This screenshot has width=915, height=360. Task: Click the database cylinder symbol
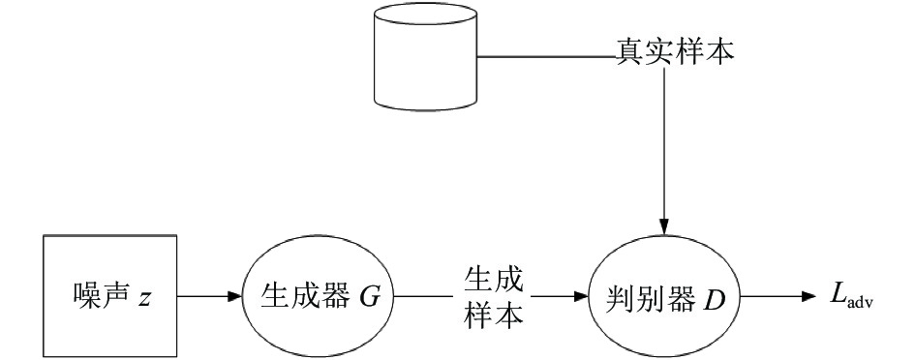[425, 56]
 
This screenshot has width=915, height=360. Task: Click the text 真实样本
[675, 52]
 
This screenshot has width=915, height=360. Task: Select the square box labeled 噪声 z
[110, 296]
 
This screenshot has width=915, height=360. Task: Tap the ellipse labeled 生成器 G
[318, 296]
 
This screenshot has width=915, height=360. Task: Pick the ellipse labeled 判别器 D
[664, 296]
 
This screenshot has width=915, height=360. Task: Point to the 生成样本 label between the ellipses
[493, 297]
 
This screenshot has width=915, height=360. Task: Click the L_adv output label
[852, 296]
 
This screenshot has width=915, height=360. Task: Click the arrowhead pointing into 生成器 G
[234, 296]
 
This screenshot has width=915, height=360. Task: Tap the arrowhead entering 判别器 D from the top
[663, 227]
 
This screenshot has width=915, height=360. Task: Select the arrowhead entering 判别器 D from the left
[581, 296]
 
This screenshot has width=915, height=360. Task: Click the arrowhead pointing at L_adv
[808, 296]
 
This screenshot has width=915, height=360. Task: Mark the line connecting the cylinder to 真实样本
[547, 56]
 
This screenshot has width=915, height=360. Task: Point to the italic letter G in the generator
[370, 297]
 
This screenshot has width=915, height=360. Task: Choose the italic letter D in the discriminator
[715, 298]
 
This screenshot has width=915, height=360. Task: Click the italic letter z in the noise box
[144, 299]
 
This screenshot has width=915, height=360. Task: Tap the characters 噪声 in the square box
[102, 296]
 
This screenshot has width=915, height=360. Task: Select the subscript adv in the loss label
[860, 302]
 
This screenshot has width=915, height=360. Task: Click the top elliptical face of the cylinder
[425, 14]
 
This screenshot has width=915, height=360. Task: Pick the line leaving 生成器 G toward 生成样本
[424, 296]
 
